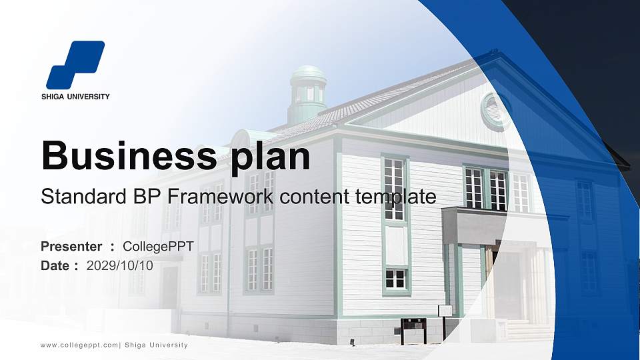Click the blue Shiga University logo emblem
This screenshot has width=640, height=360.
coord(75,65)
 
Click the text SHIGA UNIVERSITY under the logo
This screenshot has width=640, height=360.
coord(75,97)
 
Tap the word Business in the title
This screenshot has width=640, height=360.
coord(127,156)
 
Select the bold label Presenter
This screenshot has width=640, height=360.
coord(71,247)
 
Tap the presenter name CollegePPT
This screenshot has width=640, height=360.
coord(158,247)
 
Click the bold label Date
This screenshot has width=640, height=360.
coord(55,265)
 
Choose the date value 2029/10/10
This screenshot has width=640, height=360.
coord(119,265)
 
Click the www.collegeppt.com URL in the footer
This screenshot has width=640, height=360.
coord(79,345)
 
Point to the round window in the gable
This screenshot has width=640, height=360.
coord(495,111)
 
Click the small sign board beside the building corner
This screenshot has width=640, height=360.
coord(445,311)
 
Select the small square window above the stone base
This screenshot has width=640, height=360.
coord(395,279)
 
